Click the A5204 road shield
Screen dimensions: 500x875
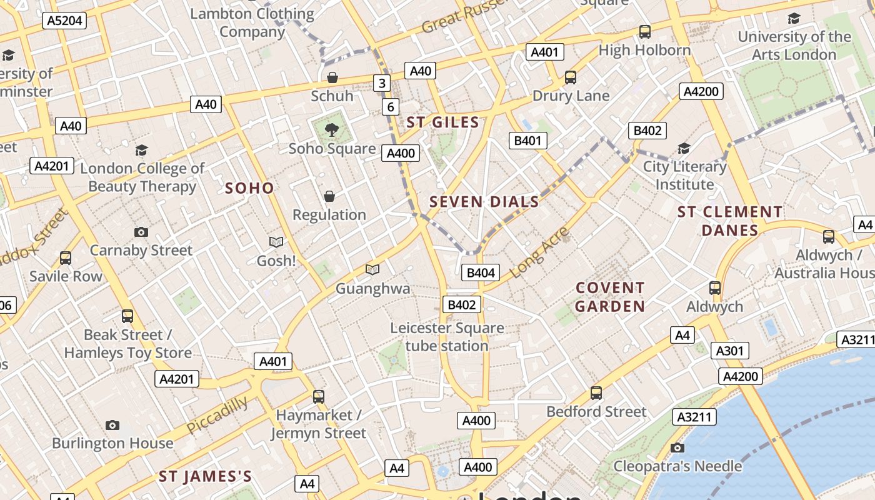tap(65, 21)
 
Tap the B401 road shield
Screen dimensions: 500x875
tap(527, 141)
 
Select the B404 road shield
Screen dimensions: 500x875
tap(481, 272)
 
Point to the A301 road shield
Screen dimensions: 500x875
tap(729, 351)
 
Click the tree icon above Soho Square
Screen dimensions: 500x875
tap(332, 130)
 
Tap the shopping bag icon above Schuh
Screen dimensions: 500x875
tap(332, 77)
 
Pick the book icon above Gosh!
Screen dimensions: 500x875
tap(276, 242)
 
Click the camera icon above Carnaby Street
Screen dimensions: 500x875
tap(141, 232)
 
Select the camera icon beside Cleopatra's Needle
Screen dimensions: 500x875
tap(677, 447)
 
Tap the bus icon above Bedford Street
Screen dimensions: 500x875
tap(596, 393)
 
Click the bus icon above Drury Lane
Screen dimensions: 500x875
tap(571, 77)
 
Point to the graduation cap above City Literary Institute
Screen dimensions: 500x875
tap(684, 149)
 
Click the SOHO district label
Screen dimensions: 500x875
tap(249, 188)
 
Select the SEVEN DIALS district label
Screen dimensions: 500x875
tap(484, 202)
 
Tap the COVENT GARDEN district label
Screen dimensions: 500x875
tap(610, 297)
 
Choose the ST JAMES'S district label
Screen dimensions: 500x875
tap(205, 477)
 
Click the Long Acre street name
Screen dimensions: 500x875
tap(539, 252)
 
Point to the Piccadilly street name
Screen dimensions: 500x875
tap(217, 415)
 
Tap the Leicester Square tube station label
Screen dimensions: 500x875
tap(447, 337)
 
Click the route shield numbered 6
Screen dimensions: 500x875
tap(391, 107)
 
